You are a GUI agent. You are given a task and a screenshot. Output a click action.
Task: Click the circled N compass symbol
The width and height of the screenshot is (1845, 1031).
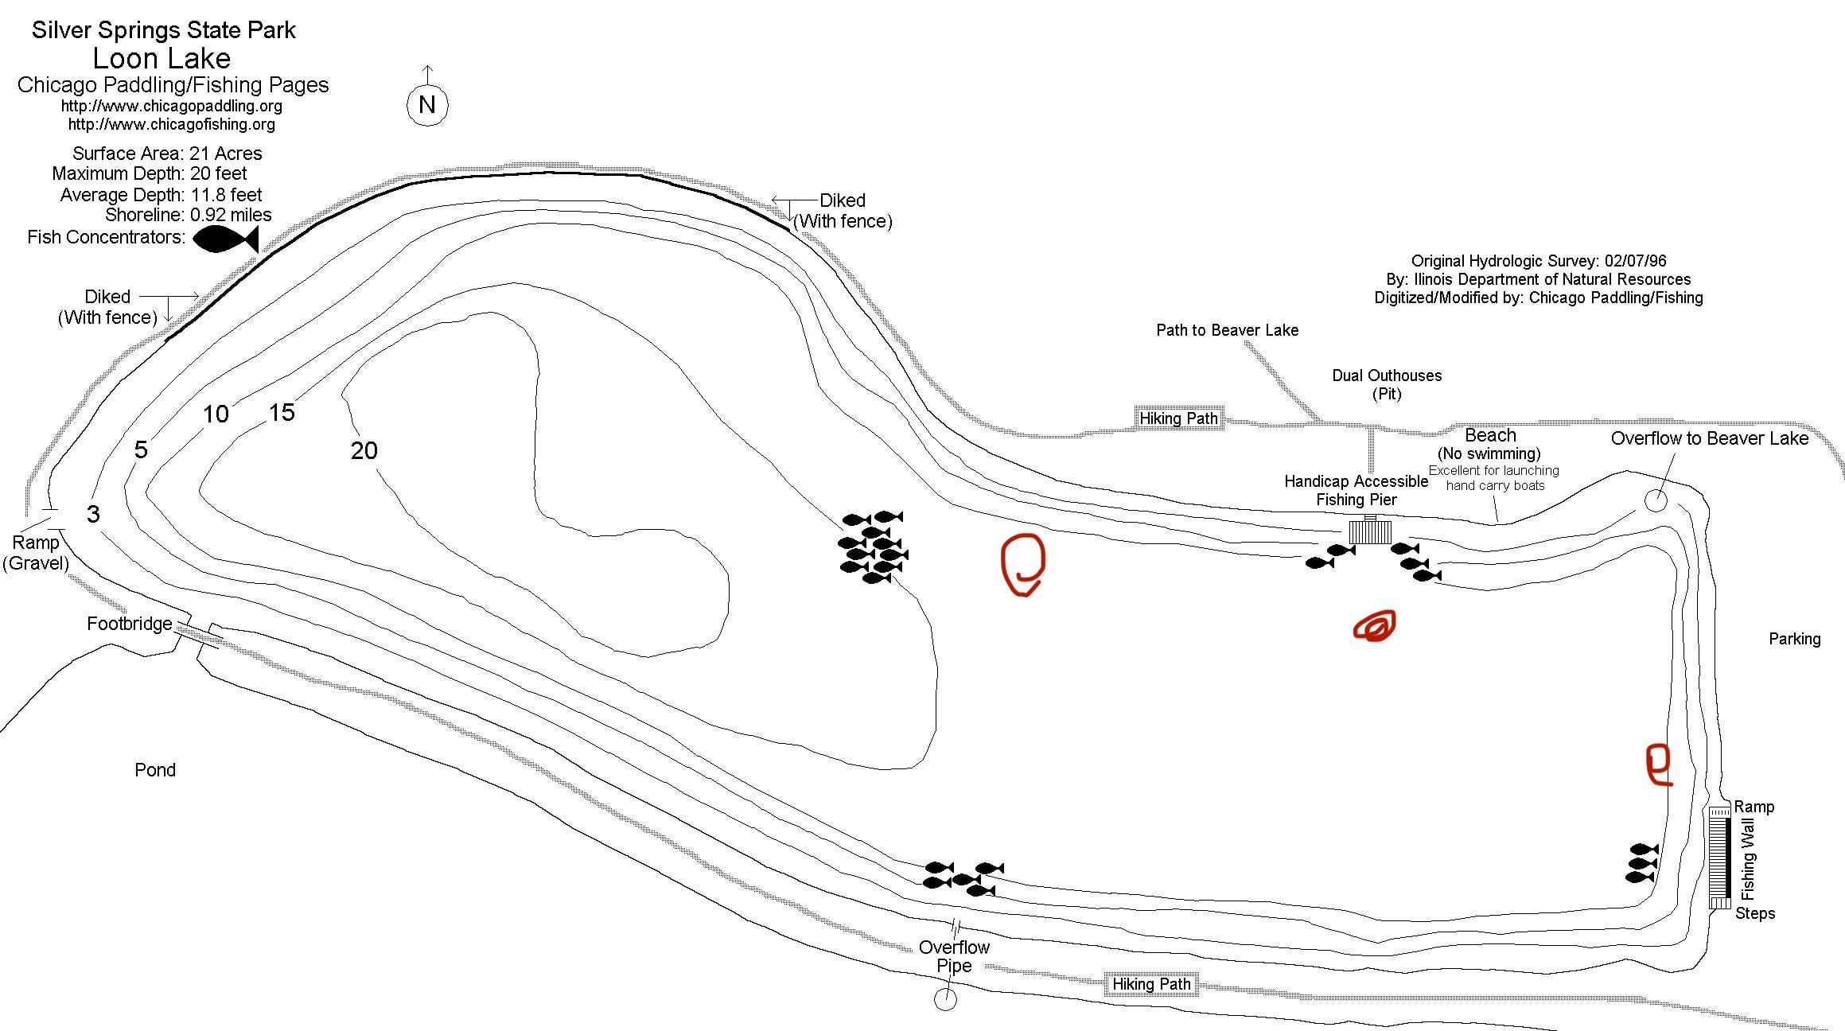click(x=427, y=104)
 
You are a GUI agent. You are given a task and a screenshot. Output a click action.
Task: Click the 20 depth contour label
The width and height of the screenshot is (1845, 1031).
click(x=364, y=451)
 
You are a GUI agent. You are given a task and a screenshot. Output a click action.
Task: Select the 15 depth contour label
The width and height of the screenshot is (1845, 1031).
click(x=282, y=412)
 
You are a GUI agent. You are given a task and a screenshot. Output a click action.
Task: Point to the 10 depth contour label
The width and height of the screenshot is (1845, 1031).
click(x=216, y=414)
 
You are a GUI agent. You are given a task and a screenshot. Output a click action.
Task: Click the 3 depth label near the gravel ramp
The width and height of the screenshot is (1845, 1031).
click(x=93, y=514)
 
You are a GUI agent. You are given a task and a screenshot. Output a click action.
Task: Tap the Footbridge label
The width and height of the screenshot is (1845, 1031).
click(x=129, y=624)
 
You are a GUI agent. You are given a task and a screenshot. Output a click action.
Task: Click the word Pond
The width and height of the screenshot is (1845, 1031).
click(x=155, y=770)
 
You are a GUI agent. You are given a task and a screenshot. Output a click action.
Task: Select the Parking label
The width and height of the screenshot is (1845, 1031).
click(x=1794, y=639)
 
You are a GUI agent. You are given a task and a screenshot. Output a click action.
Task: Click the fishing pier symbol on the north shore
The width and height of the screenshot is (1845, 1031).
click(x=1370, y=531)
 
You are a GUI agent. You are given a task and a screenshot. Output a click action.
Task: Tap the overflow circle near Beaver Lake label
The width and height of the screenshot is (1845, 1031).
click(x=1656, y=500)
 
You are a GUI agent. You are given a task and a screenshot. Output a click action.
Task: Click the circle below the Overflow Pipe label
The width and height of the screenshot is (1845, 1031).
click(x=945, y=999)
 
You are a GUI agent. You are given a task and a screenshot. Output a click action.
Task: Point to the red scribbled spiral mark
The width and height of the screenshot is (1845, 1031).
click(x=1375, y=626)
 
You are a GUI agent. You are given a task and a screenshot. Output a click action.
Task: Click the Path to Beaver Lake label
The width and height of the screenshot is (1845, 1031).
click(x=1227, y=330)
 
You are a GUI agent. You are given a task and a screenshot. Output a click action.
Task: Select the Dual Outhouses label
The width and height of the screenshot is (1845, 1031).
click(x=1387, y=375)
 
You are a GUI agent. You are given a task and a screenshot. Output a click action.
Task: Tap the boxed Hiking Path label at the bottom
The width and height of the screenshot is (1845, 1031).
click(x=1151, y=984)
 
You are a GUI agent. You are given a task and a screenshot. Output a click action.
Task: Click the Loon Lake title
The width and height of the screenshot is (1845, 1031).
click(x=162, y=58)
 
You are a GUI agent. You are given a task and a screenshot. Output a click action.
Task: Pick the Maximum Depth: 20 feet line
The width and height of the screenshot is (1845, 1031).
click(x=150, y=173)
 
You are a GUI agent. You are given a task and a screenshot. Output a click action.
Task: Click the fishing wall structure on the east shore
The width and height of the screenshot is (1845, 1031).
click(x=1720, y=858)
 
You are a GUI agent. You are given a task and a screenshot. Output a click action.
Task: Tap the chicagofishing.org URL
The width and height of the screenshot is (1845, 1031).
click(x=171, y=124)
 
